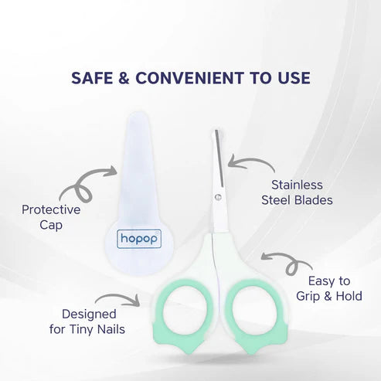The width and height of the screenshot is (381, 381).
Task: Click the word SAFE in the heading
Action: (92, 78)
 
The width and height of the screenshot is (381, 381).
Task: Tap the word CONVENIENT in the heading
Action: (189, 78)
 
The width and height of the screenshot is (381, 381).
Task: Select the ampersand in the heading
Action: (124, 78)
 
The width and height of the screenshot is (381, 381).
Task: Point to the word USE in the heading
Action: (293, 78)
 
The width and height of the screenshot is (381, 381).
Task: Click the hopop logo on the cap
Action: (139, 239)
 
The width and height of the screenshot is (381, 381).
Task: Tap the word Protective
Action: (51, 209)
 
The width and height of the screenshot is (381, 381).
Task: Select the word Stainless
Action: (297, 185)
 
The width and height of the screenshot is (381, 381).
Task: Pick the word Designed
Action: (89, 315)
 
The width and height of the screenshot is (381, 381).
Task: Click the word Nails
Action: (111, 329)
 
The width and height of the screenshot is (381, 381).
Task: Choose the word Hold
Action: (349, 296)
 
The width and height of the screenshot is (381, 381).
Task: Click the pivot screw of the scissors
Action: (218, 197)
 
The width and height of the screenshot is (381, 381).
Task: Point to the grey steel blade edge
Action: (219, 158)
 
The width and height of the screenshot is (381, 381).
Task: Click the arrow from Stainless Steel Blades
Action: (253, 160)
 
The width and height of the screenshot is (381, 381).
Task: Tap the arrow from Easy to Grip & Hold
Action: (290, 260)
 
